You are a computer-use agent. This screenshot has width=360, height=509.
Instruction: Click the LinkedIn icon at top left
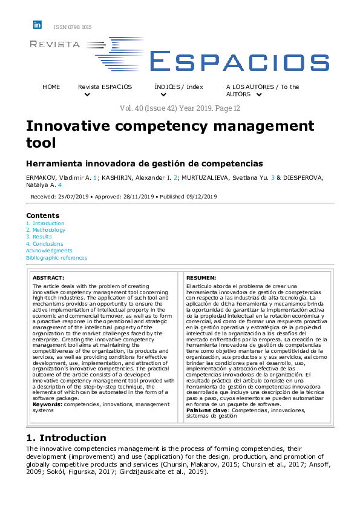coord(38,25)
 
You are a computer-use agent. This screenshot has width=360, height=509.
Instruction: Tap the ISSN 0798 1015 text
coord(73,27)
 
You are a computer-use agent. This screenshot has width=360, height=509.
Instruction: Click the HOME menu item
coord(51,87)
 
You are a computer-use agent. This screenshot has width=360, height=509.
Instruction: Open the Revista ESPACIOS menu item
coord(105,87)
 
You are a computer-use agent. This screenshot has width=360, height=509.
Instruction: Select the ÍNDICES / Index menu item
coord(178,87)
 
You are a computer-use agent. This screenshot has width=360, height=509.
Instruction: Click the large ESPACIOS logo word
coord(238,61)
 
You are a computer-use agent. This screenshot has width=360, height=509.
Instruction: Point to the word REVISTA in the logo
coord(55,44)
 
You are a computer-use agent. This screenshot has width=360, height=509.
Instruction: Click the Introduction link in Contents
coord(48,223)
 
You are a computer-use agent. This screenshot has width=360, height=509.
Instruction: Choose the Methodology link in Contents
coord(48,230)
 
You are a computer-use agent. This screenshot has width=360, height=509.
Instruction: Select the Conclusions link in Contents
coord(48,244)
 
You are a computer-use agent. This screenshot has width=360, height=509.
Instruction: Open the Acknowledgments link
coord(49,251)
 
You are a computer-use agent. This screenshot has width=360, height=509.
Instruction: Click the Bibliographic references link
coord(56,258)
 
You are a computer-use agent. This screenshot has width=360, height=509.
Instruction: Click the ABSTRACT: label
coord(48,277)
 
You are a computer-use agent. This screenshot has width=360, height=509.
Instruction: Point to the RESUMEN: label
coord(201,277)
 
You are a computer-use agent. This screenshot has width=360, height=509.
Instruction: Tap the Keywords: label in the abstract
coord(47,404)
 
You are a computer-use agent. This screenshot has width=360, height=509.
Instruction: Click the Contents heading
coord(43,215)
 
